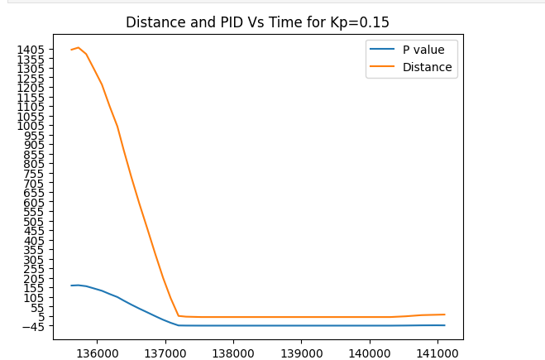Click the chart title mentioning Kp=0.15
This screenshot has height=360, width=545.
coord(257,22)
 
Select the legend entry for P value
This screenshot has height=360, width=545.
coord(423,50)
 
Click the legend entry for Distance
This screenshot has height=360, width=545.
coord(427,67)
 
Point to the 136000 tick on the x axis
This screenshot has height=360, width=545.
coord(97,352)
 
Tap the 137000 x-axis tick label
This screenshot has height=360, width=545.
coord(165,352)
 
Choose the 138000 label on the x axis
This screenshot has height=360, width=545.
coord(233,352)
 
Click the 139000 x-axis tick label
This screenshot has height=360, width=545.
coord(301,352)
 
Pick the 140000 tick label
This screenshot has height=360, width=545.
coord(369,352)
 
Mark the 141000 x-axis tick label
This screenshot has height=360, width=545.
coord(437,352)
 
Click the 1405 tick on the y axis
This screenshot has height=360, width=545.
coord(31,50)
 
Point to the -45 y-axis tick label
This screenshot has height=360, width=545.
coord(34,326)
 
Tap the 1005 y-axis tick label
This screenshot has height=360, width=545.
coord(31,126)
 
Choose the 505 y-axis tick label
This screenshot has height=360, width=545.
coord(34,221)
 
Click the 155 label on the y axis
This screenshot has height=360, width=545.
coord(34,288)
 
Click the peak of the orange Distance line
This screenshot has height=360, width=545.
coord(79,47)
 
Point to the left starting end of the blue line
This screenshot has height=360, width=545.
coord(71,286)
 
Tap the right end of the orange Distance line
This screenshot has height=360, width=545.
coord(445,314)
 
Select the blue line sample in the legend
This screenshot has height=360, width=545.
coord(383,50)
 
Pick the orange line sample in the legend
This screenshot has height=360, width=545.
coord(383,67)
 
